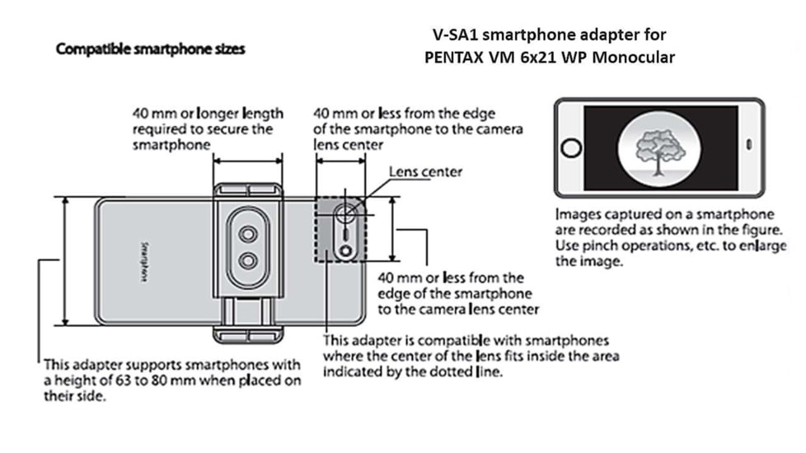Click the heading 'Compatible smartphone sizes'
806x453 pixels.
point(150,49)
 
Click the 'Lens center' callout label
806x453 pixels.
point(425,172)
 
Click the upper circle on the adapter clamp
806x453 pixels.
point(247,233)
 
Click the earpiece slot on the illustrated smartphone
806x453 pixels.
point(748,144)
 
